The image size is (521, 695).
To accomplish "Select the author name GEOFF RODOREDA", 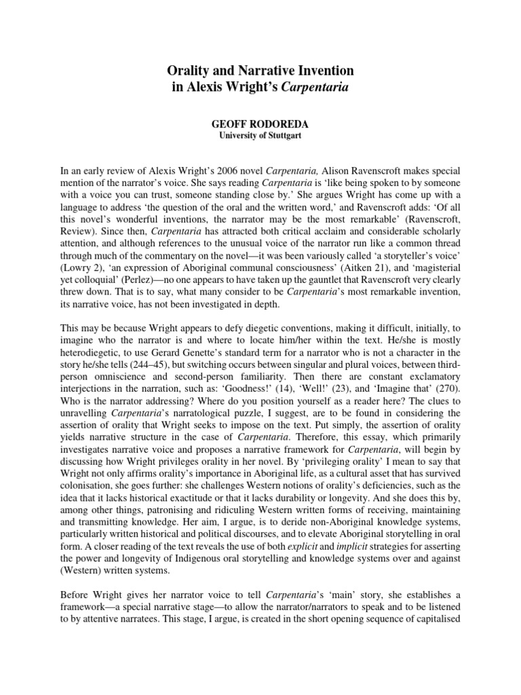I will (x=260, y=126).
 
